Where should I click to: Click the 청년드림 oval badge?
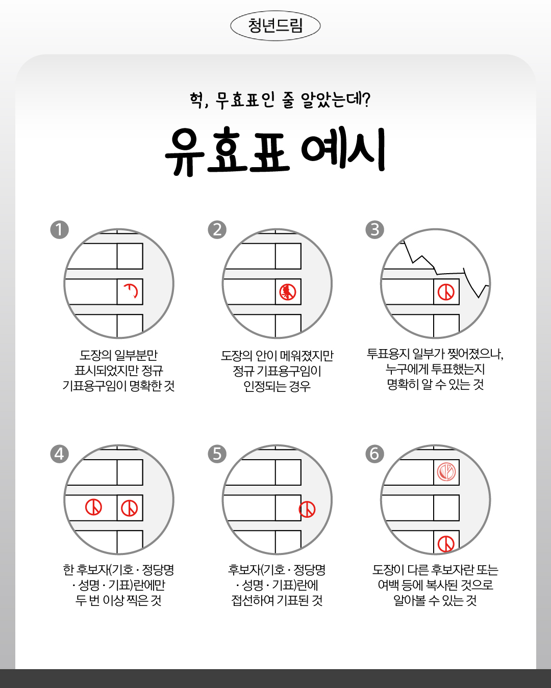click(275, 25)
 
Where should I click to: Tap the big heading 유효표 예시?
click(275, 151)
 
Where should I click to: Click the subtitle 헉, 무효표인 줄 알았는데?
click(280, 100)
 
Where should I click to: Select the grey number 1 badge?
click(60, 229)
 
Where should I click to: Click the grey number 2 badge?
click(217, 229)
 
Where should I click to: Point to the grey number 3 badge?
click(374, 229)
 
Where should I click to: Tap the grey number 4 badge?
click(60, 454)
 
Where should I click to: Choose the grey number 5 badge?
click(217, 454)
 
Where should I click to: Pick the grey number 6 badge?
click(374, 454)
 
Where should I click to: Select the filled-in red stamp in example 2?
click(288, 292)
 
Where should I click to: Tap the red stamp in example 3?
click(446, 292)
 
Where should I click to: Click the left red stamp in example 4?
click(93, 508)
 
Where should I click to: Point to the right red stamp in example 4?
click(130, 508)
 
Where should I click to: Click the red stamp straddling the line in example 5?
click(307, 509)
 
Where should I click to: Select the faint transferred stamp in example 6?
click(446, 472)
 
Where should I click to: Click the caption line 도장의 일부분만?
click(118, 355)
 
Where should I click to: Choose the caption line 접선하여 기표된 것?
click(277, 600)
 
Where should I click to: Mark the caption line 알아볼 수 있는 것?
click(435, 600)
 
